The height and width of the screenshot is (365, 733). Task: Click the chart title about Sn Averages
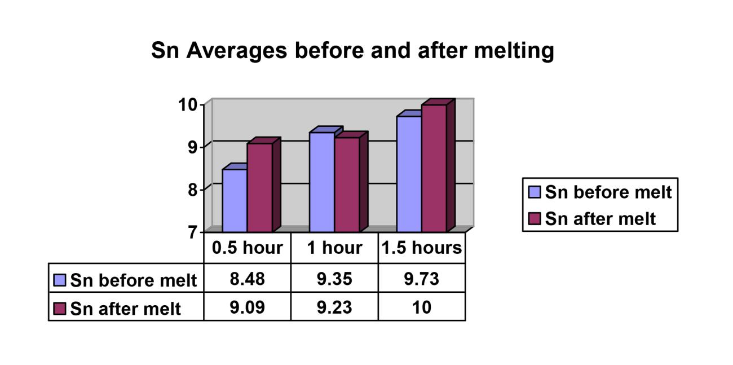tap(352, 51)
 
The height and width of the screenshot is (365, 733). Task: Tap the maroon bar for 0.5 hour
tap(260, 187)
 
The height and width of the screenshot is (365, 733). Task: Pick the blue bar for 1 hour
tap(322, 182)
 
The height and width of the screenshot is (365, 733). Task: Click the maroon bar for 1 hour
tap(347, 184)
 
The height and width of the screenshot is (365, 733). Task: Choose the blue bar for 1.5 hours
tap(409, 174)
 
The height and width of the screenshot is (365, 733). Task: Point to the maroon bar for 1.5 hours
tap(434, 168)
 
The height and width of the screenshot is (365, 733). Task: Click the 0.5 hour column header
tap(247, 248)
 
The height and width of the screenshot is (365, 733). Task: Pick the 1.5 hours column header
tap(422, 248)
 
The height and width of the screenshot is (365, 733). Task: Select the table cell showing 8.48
tap(247, 278)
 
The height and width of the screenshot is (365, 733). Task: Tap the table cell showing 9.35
tap(334, 278)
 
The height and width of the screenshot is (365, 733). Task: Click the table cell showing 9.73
tap(422, 278)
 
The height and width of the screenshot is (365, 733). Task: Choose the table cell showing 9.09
tap(247, 307)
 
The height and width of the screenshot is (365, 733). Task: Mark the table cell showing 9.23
tap(334, 307)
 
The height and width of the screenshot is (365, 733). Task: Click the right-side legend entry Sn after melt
tap(600, 218)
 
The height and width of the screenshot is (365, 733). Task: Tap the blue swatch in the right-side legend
tap(535, 192)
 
